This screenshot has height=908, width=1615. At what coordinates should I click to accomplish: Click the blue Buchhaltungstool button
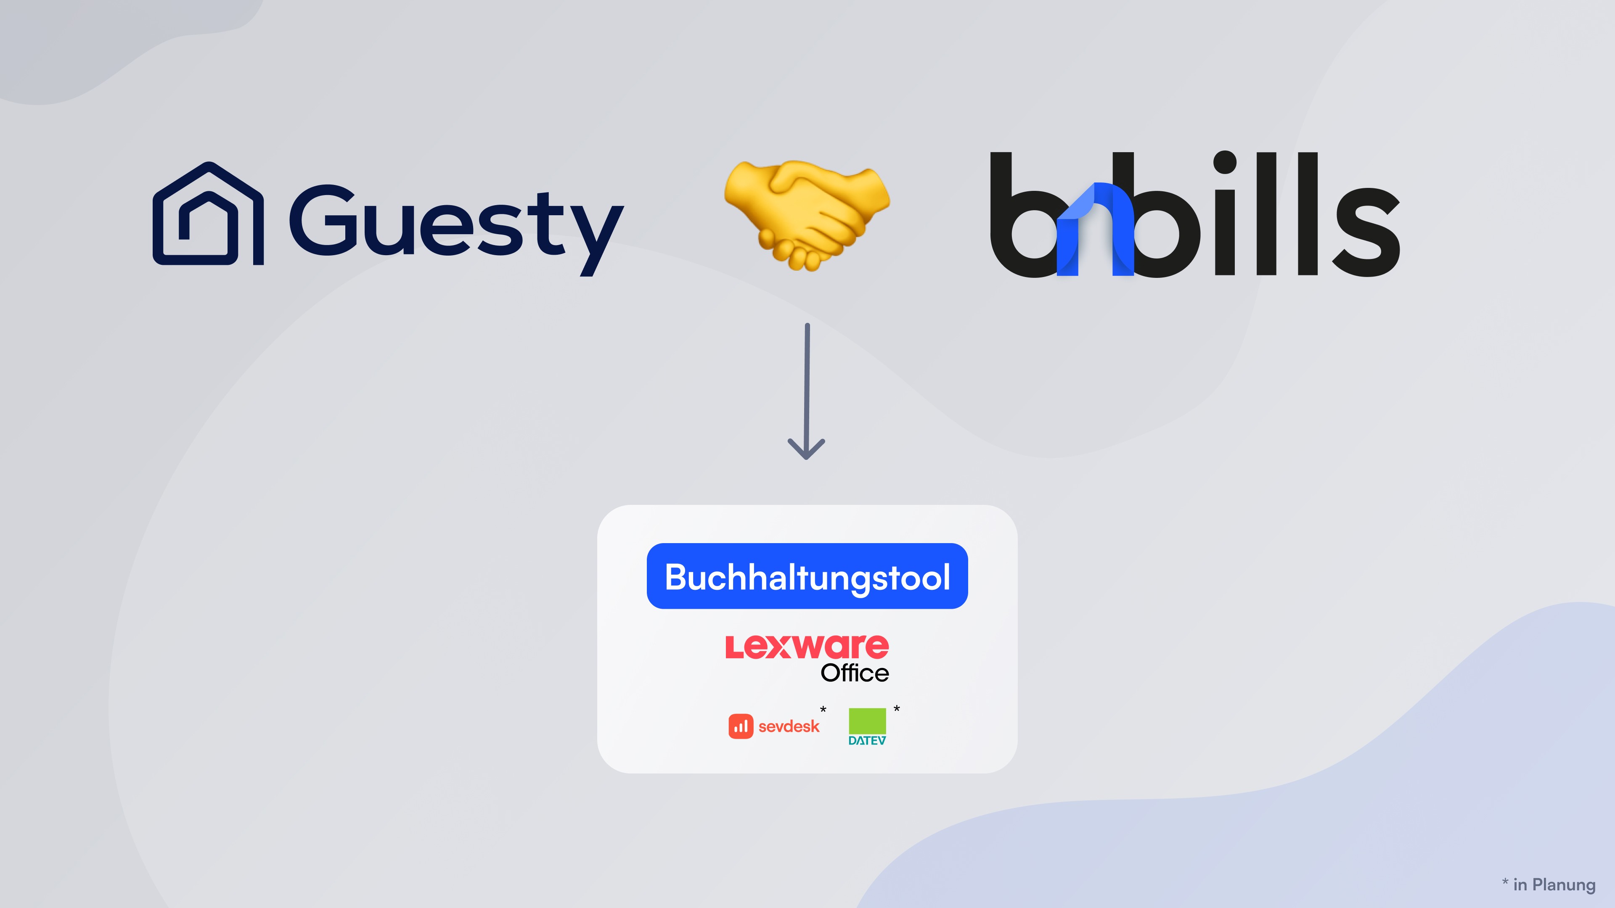click(807, 576)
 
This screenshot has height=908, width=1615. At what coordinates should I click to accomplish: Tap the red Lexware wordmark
click(807, 647)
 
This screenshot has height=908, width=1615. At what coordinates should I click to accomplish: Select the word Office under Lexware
click(855, 673)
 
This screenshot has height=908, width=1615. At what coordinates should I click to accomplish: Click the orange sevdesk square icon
click(740, 726)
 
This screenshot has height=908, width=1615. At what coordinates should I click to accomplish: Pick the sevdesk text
click(789, 726)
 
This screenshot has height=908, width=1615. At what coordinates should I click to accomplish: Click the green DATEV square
click(867, 721)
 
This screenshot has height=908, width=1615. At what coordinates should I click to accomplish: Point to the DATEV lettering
click(867, 741)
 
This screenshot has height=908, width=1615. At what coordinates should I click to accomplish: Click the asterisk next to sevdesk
click(823, 709)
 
